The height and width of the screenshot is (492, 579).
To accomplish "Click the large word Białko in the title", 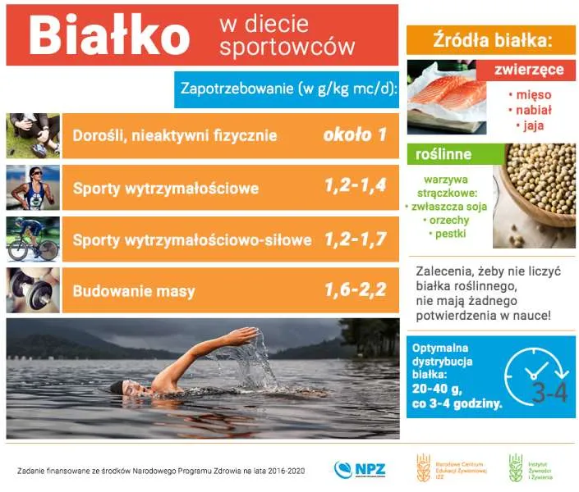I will (x=109, y=34).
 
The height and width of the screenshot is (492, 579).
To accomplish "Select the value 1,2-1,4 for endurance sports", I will (x=355, y=187).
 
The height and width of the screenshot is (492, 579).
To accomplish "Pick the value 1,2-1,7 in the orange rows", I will (x=355, y=239).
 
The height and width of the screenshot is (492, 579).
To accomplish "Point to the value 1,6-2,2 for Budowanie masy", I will (x=355, y=290).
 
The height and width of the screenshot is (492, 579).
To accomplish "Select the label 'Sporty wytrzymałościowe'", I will (x=165, y=188).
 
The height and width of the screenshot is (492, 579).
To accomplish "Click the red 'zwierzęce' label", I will (x=529, y=70).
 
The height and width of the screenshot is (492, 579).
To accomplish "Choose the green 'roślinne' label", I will (x=443, y=153).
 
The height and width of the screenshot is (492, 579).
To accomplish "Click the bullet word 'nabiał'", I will (x=529, y=110).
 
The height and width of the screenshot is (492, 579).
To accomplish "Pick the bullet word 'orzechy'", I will (x=447, y=221).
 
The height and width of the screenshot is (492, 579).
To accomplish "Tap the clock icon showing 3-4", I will (x=535, y=378).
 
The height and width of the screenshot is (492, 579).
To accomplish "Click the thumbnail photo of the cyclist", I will (x=33, y=239).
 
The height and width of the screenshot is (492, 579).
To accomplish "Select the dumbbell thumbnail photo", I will (x=33, y=290).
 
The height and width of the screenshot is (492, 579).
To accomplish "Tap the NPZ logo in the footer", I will (x=360, y=469).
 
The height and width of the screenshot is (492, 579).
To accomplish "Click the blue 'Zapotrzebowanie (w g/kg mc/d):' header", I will (x=287, y=89).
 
